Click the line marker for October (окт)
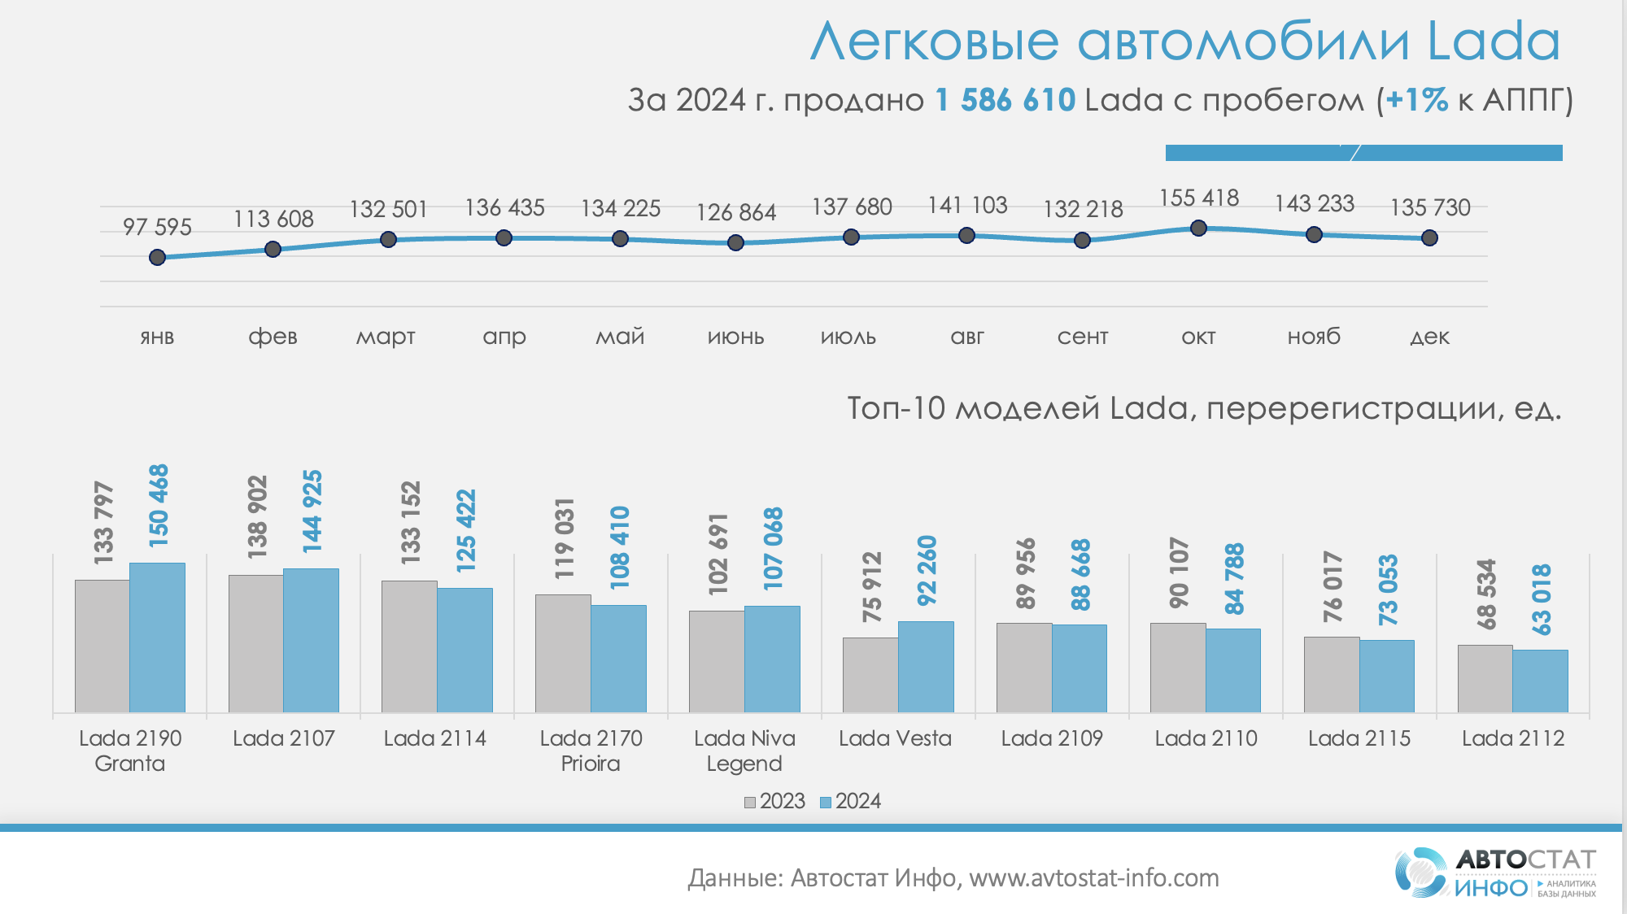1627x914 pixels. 1198,228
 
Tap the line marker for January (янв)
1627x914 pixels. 158,258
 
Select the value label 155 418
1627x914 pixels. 1198,198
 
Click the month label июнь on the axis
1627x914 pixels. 735,337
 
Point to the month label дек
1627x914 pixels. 1429,337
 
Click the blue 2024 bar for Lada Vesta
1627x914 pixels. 926,667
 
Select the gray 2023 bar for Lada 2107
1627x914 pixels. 256,643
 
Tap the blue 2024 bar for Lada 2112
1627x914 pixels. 1540,681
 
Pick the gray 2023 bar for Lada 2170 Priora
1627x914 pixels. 563,653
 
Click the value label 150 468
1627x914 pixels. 159,505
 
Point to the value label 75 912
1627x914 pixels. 872,587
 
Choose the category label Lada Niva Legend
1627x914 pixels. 744,751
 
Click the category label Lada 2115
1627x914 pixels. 1359,738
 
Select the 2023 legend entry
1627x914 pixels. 774,802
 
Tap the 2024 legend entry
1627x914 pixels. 850,802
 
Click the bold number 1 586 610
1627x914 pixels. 1005,100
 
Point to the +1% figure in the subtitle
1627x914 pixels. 1416,100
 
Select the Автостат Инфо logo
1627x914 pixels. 1495,873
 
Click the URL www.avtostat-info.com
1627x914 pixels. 1093,878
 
